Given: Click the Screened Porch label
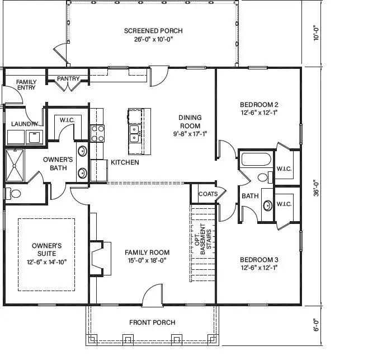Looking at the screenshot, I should (153, 31).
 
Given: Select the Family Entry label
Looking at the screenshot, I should (26, 85).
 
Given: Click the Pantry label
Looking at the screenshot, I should (68, 79).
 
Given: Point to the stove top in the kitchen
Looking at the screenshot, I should (98, 133).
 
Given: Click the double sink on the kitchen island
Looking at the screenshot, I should (135, 134).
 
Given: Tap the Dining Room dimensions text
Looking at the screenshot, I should (190, 134).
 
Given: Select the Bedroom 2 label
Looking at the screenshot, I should (258, 105).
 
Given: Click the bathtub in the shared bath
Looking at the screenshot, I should (256, 159).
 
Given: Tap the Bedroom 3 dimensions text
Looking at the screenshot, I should (258, 268).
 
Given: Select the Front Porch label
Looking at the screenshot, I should (152, 322).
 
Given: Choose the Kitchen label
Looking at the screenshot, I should (125, 163).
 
